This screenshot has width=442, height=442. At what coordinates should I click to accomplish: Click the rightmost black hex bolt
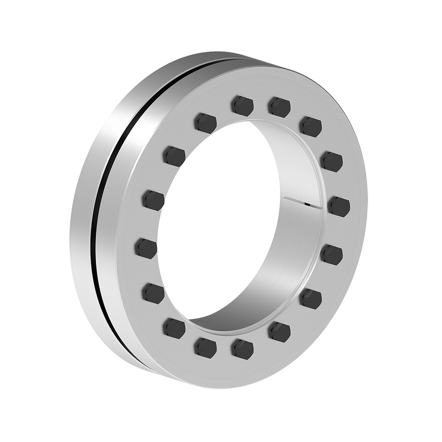(x=339, y=206)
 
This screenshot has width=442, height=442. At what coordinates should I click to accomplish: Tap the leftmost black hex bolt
(x=145, y=248)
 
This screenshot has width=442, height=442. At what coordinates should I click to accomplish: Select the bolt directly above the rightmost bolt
(x=331, y=161)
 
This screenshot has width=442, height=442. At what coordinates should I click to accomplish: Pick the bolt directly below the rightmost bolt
(x=331, y=255)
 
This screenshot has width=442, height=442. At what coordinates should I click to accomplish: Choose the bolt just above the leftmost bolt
(x=153, y=200)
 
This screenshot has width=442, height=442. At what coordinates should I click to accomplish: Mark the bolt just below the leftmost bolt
(x=154, y=293)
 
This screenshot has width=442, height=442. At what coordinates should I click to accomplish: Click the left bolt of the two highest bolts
(x=243, y=106)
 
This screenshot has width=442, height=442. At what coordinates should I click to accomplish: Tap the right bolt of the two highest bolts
(x=279, y=107)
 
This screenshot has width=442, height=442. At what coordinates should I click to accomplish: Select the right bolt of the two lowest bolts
(x=243, y=349)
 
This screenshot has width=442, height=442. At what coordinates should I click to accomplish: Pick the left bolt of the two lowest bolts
(x=206, y=347)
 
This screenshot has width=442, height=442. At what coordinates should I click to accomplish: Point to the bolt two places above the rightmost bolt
(x=310, y=126)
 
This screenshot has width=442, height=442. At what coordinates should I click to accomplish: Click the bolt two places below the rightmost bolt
(x=311, y=299)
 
